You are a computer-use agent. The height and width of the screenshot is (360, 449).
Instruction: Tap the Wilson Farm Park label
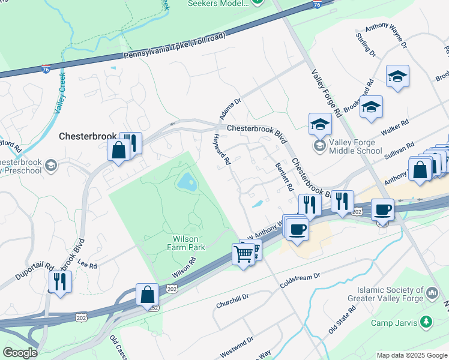(185, 243)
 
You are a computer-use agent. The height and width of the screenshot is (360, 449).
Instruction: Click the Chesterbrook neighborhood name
(87, 137)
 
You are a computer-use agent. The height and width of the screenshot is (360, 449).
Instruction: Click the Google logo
(19, 353)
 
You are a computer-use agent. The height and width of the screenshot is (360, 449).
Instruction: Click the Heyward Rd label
(222, 150)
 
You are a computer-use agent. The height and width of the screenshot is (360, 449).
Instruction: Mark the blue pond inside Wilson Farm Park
(186, 180)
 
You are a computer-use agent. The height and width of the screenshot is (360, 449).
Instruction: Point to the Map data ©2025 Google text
(411, 355)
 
